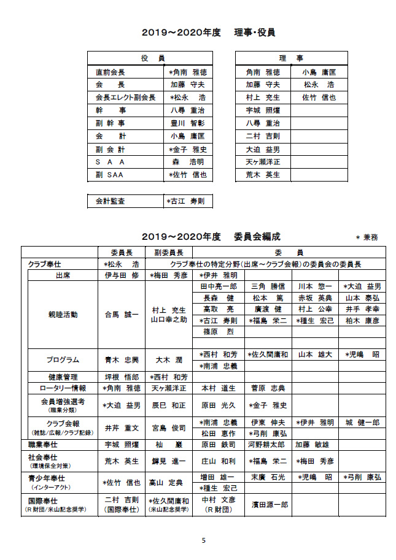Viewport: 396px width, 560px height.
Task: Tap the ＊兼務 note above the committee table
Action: [367, 237]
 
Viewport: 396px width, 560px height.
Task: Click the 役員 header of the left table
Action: [153, 58]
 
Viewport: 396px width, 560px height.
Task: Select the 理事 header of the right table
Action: [291, 58]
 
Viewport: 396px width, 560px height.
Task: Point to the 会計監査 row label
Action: [111, 201]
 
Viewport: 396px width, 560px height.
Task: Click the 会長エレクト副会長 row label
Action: [125, 98]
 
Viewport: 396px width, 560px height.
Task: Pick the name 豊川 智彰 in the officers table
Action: [188, 123]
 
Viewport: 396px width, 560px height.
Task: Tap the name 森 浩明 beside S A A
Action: [188, 162]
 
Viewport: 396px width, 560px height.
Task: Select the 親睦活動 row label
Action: [63, 315]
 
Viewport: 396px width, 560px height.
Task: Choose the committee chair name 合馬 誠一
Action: [122, 315]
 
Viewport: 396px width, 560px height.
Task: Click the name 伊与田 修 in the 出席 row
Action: [122, 275]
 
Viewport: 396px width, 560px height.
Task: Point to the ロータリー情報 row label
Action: [63, 388]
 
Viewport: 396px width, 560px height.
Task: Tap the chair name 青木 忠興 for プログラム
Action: [122, 360]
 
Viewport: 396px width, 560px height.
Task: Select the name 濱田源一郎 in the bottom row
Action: [268, 505]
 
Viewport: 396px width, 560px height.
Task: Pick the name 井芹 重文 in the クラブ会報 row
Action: [122, 428]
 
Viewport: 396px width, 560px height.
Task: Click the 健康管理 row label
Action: [63, 377]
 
